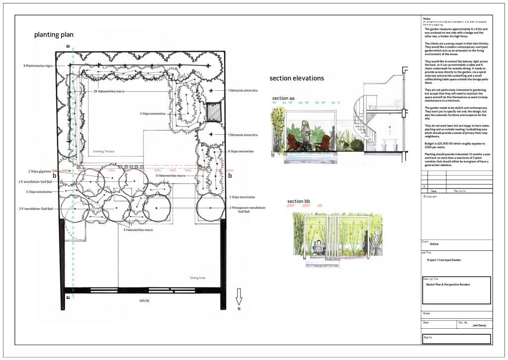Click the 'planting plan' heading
[54, 35]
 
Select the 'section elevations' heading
[296, 78]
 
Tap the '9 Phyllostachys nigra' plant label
[38, 65]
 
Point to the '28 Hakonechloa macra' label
[108, 91]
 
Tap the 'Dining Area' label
[198, 278]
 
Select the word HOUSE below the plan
[144, 300]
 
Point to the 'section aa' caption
[283, 99]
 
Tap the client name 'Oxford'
[434, 244]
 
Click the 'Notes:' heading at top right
[428, 18]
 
